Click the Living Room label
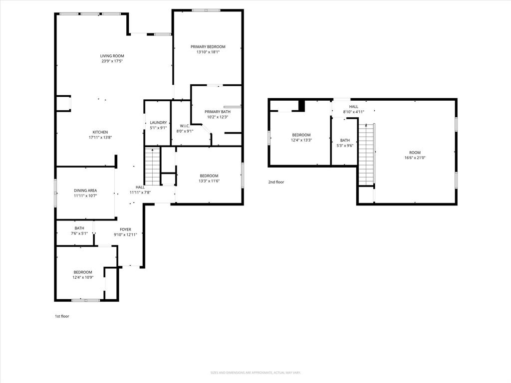pyautogui.click(x=112, y=56)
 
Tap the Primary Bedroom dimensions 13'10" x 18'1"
pyautogui.click(x=208, y=52)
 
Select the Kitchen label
pyautogui.click(x=100, y=132)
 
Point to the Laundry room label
pyautogui.click(x=158, y=123)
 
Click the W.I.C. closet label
pyautogui.click(x=184, y=126)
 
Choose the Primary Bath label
pyautogui.click(x=217, y=112)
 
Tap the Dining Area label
pyautogui.click(x=85, y=191)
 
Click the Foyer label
pyautogui.click(x=125, y=229)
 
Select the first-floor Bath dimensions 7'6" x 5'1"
pyautogui.click(x=79, y=233)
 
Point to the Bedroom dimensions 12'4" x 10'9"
pyautogui.click(x=83, y=277)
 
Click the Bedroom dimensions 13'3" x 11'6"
pyautogui.click(x=209, y=181)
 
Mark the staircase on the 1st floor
pyautogui.click(x=152, y=166)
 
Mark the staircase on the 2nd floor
pyautogui.click(x=366, y=155)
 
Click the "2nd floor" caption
pyautogui.click(x=276, y=182)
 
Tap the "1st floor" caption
pyautogui.click(x=62, y=316)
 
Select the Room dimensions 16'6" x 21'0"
pyautogui.click(x=415, y=158)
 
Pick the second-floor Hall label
pyautogui.click(x=353, y=107)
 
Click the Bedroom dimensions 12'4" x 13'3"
pyautogui.click(x=301, y=140)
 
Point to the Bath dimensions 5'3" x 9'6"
pyautogui.click(x=345, y=146)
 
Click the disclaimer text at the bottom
pyautogui.click(x=255, y=373)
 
